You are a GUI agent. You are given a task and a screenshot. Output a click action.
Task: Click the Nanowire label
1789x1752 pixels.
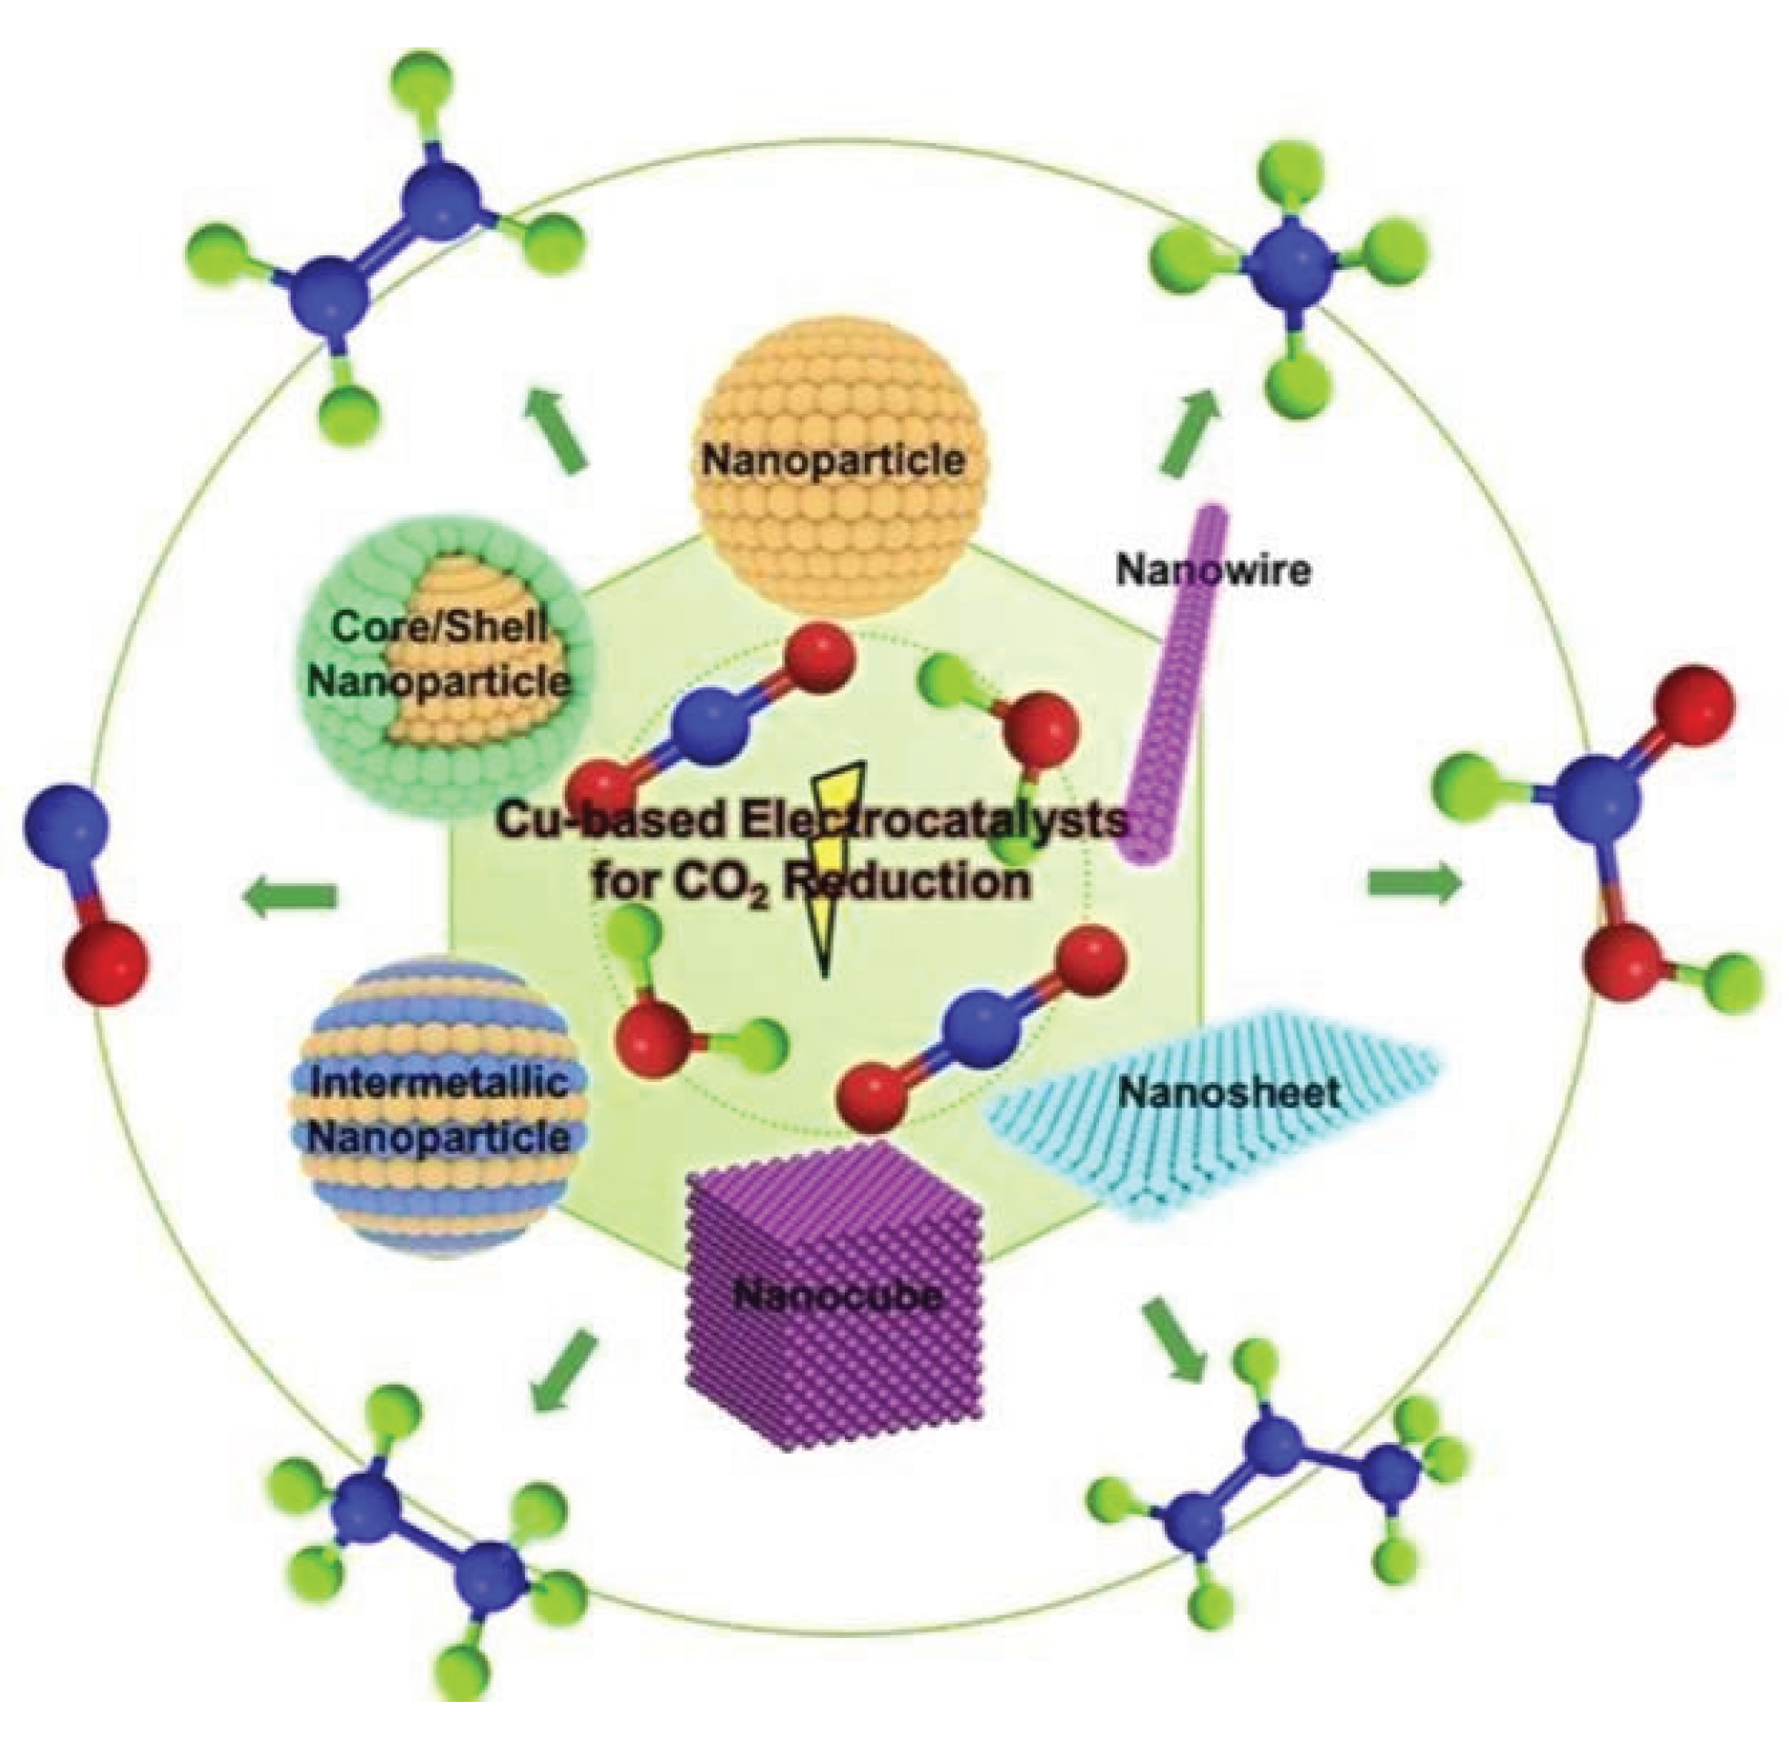point(1211,572)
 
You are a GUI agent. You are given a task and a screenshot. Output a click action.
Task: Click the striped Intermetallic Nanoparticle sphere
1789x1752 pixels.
point(439,1108)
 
